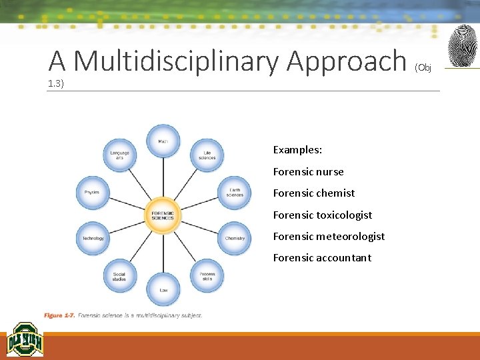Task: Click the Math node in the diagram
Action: click(163, 141)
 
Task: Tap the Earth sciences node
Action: click(235, 193)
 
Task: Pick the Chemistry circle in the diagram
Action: click(235, 238)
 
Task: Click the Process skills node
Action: click(207, 275)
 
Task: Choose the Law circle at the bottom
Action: click(163, 289)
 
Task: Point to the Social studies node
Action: click(119, 275)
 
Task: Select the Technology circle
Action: click(93, 238)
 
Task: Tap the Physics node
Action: click(92, 193)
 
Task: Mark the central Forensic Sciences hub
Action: click(163, 215)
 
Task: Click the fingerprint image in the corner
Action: click(462, 46)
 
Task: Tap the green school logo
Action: click(25, 340)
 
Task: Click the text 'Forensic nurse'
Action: click(308, 171)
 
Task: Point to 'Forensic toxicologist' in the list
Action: click(322, 215)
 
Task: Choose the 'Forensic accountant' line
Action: click(322, 257)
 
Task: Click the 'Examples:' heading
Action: click(297, 150)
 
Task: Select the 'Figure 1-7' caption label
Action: click(59, 315)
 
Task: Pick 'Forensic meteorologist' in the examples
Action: click(329, 236)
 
